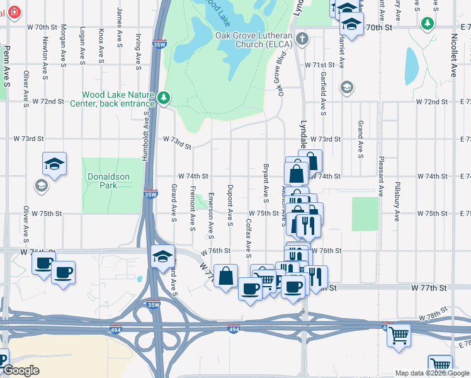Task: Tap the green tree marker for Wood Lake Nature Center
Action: [164, 98]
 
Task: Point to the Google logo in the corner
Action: [20, 370]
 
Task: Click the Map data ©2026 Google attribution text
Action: [432, 373]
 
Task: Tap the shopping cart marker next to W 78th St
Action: [399, 336]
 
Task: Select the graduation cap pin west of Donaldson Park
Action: [55, 164]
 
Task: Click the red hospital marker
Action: [13, 12]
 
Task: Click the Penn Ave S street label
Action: [6, 66]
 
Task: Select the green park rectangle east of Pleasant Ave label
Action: [365, 214]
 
